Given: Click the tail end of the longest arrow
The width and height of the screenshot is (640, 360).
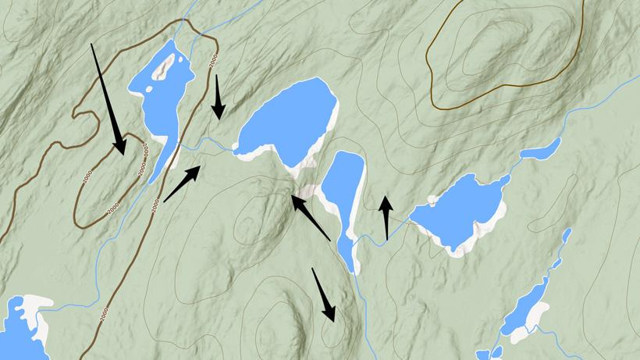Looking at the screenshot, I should click(92, 45).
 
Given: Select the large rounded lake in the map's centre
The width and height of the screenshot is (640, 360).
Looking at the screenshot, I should click(289, 121).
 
